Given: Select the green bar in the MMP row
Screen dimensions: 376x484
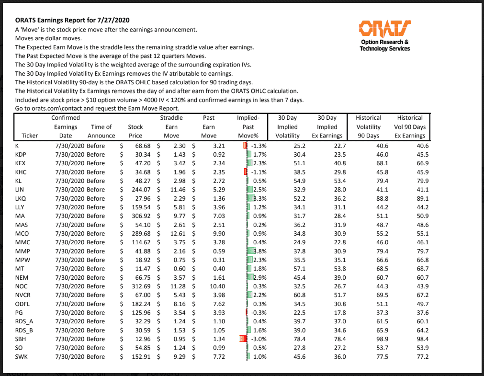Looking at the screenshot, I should tap(249, 251).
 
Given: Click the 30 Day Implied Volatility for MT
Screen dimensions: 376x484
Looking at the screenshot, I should tap(293, 269).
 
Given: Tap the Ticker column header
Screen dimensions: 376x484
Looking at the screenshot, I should tap(30, 136).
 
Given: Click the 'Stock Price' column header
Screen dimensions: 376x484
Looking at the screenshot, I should tap(135, 131).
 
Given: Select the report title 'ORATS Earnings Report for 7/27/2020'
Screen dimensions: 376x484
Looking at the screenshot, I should tap(72, 21).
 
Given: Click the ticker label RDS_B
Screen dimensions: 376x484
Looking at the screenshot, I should tap(27, 330).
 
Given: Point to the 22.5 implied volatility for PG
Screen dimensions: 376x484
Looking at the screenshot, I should tap(293, 313).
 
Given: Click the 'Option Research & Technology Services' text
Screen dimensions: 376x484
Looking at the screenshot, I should tap(384, 45).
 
